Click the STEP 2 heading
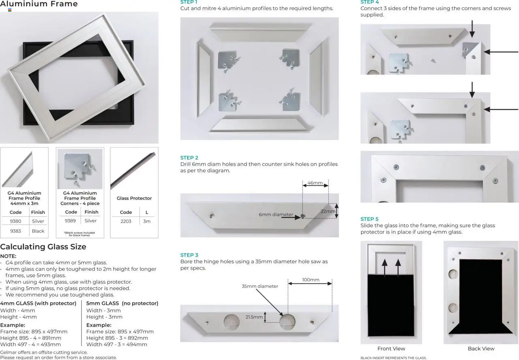point(189,158)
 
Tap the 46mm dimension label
point(315,183)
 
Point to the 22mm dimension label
point(328,211)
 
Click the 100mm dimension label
point(311,280)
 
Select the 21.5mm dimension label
point(254,317)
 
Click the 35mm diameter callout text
point(260,286)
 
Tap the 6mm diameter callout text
point(276,214)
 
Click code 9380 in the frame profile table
point(15,221)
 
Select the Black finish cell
point(38,231)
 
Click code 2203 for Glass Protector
point(126,221)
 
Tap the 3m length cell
point(147,221)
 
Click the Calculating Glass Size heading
point(43,247)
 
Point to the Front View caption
point(391,349)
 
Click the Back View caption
point(481,349)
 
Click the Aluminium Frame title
point(39,4)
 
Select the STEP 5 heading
point(369,219)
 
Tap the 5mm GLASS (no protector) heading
point(122,303)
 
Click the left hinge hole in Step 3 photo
point(232,322)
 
